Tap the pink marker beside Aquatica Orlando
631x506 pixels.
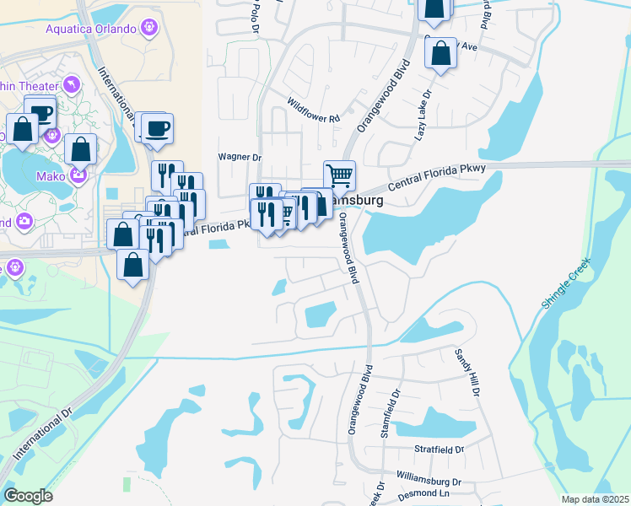[150, 27]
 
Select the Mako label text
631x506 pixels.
[50, 176]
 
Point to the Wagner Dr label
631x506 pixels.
[240, 157]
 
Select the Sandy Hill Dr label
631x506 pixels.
[467, 373]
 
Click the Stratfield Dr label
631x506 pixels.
[439, 449]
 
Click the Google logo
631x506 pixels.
[28, 496]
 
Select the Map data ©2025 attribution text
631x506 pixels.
[595, 499]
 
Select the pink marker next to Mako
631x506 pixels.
[78, 176]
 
